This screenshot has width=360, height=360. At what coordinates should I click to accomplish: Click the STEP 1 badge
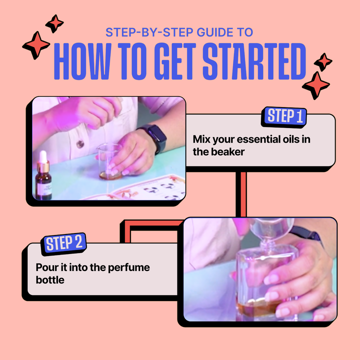point(284,117)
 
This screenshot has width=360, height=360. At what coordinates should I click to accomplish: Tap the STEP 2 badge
point(63,243)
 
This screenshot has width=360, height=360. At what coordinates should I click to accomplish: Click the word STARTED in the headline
point(254,61)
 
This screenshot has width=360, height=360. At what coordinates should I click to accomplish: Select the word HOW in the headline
point(82,61)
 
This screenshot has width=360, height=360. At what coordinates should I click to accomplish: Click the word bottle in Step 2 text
point(50,280)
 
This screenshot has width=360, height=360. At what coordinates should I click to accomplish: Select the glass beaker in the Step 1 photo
point(109,161)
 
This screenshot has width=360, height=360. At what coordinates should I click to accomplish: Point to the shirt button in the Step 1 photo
point(80,144)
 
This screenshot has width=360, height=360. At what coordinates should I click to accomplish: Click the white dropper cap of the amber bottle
point(43,156)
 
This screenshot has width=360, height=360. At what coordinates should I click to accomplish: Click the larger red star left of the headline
point(36,45)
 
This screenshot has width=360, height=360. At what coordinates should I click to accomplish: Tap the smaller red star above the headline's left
point(54,23)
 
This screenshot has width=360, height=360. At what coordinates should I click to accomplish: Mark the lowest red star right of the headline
point(316,85)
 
